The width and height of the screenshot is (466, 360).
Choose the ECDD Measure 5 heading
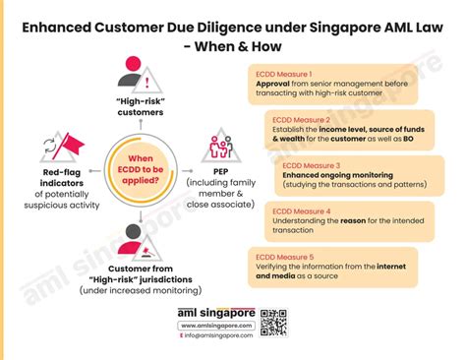286,255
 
